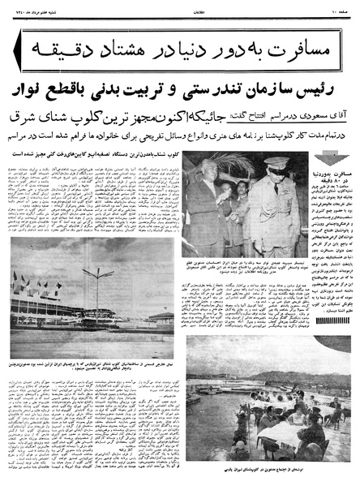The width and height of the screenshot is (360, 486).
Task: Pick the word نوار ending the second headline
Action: (x=36, y=90)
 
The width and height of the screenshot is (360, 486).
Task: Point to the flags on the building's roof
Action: (x=36, y=286)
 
